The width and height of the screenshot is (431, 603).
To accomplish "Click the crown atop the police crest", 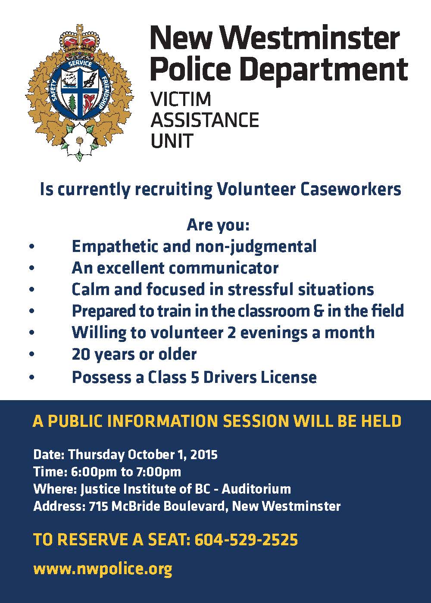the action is point(79,40).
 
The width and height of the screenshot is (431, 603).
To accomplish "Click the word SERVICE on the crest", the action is point(80,65).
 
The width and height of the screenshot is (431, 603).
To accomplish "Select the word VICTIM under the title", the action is point(181,99).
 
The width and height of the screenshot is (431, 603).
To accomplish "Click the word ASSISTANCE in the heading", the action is point(205,120).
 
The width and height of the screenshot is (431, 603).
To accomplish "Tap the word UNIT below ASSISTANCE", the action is point(172,140).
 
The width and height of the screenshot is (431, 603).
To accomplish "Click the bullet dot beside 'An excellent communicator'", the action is point(32,268).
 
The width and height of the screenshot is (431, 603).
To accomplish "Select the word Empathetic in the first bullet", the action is point(115,246).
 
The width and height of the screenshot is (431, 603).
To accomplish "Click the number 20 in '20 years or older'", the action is point(81,354).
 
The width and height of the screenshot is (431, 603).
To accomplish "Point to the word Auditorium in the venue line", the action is point(256,489).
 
